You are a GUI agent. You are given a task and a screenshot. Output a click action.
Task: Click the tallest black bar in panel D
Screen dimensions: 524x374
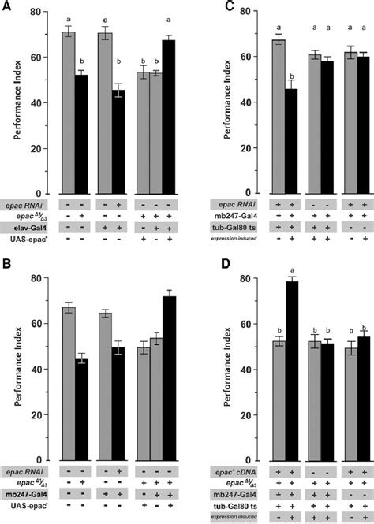tap(291, 375)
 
